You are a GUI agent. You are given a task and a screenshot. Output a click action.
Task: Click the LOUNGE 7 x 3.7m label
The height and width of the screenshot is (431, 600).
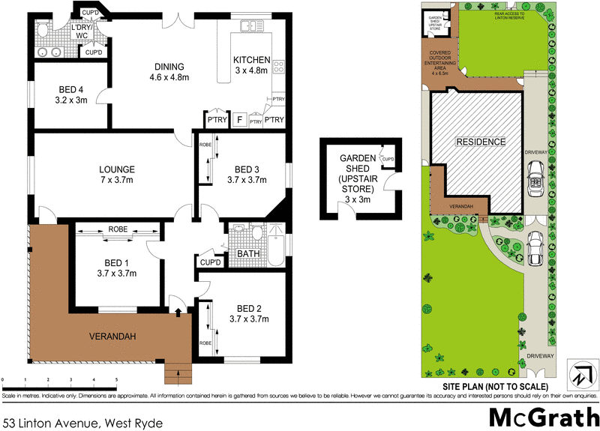tap(115, 175)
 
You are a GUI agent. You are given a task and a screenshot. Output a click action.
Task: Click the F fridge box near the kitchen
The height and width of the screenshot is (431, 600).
tap(238, 119)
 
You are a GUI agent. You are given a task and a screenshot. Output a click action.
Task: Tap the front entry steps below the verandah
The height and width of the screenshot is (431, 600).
tap(177, 372)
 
